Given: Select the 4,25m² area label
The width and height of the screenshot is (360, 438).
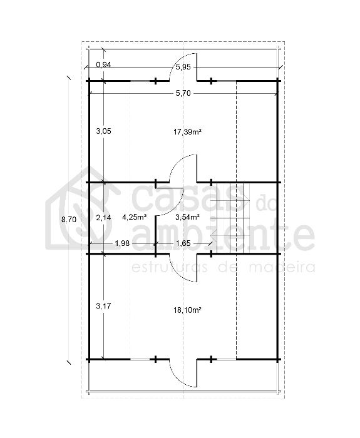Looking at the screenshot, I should pyautogui.click(x=135, y=217).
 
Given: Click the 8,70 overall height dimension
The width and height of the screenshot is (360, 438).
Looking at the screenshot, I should pyautogui.click(x=69, y=220).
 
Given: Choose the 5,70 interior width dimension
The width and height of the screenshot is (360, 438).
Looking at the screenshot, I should pyautogui.click(x=183, y=93).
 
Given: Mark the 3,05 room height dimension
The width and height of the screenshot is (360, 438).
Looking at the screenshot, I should pyautogui.click(x=104, y=131).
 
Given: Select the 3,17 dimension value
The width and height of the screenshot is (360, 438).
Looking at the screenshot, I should pyautogui.click(x=104, y=306).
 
